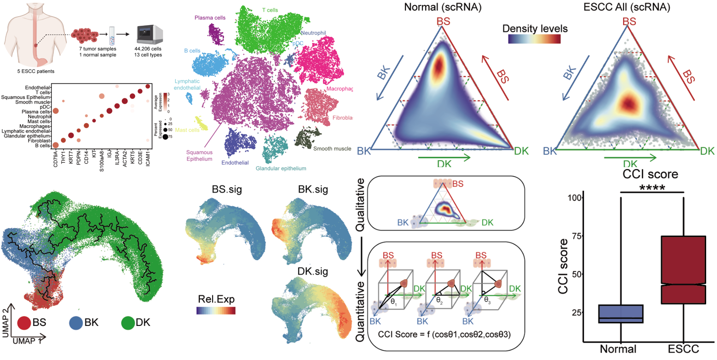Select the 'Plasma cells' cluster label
pos(210,18)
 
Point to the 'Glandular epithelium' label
pos(281,169)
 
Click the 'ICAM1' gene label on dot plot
pos(147,161)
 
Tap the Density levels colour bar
pos(534,39)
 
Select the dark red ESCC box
pos(684,270)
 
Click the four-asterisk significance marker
pos(652,188)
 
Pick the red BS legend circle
pos(24,323)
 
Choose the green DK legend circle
pos(129,323)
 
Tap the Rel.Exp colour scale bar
pos(216,311)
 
